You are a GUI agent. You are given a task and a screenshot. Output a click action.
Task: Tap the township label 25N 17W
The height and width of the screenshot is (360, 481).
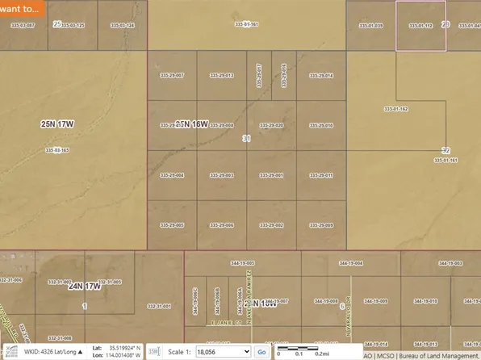click(57, 124)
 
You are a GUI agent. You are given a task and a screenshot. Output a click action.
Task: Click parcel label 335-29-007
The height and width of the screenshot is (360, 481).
click(173, 75)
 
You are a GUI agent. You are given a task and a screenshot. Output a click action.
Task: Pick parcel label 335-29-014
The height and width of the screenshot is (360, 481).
click(321, 75)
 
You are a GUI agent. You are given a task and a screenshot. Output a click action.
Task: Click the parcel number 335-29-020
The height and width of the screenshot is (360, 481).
click(271, 126)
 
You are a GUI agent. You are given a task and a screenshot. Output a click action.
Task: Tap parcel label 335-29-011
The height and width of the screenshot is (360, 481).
click(321, 175)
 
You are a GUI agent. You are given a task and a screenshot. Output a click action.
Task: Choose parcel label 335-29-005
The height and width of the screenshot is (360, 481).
click(173, 225)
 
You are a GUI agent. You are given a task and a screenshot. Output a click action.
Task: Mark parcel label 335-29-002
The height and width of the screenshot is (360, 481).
click(271, 225)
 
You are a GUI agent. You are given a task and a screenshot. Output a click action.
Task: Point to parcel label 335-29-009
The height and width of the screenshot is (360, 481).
click(321, 225)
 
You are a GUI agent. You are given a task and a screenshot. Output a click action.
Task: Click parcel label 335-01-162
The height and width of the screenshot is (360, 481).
click(396, 108)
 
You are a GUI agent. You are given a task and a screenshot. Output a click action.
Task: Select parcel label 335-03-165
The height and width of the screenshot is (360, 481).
click(57, 150)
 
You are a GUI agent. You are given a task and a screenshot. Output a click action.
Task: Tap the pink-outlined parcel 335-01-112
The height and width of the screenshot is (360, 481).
click(420, 26)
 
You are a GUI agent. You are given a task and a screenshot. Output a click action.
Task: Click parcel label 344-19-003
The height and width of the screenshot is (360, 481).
click(242, 263)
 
